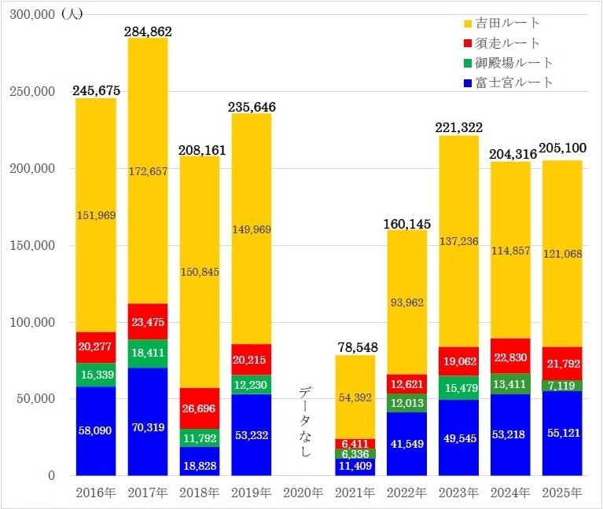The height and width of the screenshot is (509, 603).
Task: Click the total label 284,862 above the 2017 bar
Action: tap(148, 31)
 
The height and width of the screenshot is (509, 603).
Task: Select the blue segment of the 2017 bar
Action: tap(148, 422)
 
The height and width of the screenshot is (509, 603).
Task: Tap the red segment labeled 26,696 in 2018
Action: tap(200, 408)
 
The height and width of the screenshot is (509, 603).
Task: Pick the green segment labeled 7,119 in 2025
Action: tap(562, 386)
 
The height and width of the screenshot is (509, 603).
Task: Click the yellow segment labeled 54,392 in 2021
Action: tap(355, 397)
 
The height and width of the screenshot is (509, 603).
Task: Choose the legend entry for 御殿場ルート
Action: tap(512, 62)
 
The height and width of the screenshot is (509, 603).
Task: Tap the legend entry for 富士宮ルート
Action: tap(512, 82)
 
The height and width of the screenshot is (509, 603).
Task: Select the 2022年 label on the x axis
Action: tap(407, 493)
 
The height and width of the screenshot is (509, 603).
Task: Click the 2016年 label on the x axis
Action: tap(96, 493)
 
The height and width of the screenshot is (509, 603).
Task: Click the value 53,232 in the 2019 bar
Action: tap(252, 434)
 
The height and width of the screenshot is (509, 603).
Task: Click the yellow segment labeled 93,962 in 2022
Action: tap(407, 302)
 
